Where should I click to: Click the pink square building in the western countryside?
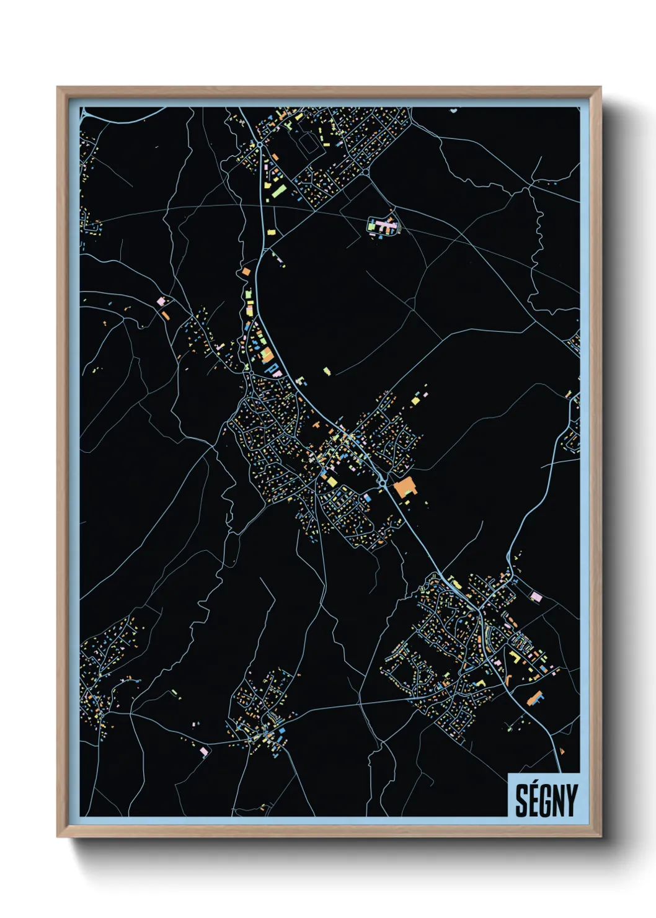click(x=161, y=301)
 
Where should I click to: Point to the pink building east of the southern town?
click(x=536, y=596)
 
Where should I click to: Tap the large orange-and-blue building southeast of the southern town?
click(x=534, y=698)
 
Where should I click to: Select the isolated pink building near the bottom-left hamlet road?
click(x=204, y=752)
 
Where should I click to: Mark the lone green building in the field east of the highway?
click(x=327, y=371)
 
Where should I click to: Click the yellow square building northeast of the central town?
click(x=415, y=400)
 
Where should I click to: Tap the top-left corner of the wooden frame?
click(x=58, y=87)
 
